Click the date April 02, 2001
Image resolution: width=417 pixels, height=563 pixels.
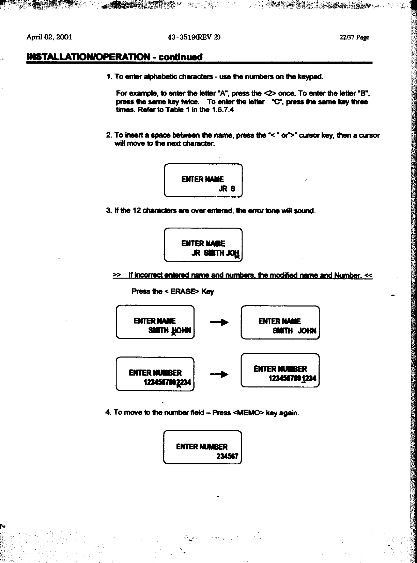click(x=49, y=37)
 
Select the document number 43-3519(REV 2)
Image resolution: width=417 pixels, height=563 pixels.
click(x=194, y=37)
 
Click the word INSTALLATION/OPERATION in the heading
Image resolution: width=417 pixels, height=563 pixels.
click(x=88, y=57)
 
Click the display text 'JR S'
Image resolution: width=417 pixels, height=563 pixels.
click(x=227, y=189)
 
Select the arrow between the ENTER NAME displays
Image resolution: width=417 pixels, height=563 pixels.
click(x=219, y=322)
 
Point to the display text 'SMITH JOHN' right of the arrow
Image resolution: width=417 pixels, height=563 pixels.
click(x=294, y=331)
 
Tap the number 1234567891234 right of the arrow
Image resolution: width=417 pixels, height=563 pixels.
click(x=293, y=378)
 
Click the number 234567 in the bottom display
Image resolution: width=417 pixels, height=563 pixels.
click(x=227, y=456)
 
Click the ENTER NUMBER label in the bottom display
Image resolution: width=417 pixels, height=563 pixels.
click(x=202, y=447)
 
